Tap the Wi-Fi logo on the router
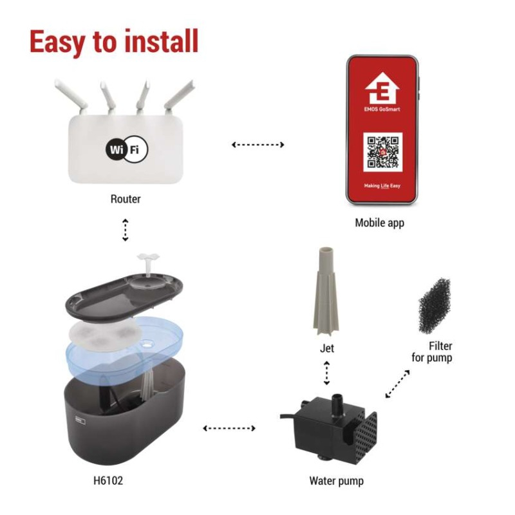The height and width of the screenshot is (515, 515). [x=126, y=149]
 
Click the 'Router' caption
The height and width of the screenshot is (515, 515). [x=126, y=199]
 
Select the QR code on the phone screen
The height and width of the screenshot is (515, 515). [x=382, y=152]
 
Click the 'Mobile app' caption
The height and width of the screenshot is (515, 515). [x=380, y=223]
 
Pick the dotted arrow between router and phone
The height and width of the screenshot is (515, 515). [x=257, y=145]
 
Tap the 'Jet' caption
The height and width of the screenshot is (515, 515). [x=327, y=348]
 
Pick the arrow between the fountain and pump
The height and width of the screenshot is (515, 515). [x=229, y=427]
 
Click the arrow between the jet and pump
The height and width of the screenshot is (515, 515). [x=326, y=373]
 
